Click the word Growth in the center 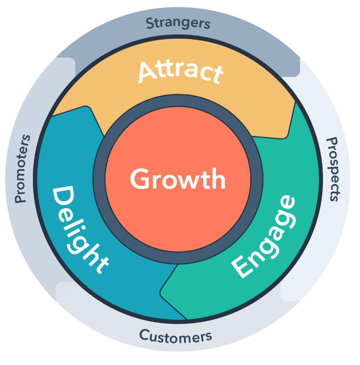tap(178, 179)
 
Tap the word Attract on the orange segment tap(181, 72)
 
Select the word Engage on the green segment tap(264, 236)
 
